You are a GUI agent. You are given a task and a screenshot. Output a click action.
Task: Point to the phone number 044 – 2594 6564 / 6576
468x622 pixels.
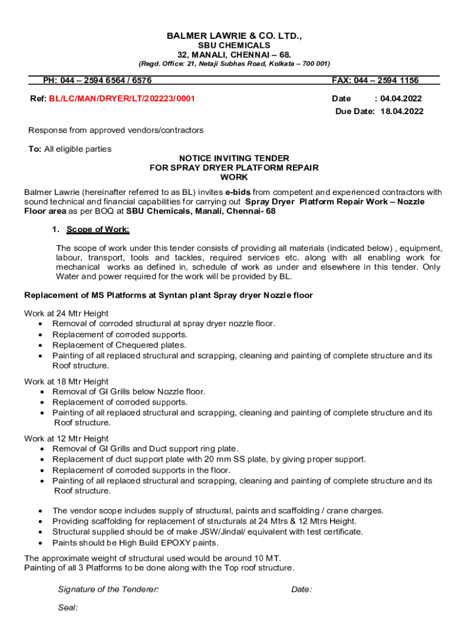pos(109,80)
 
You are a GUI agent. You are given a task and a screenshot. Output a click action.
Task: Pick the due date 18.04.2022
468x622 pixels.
pos(402,111)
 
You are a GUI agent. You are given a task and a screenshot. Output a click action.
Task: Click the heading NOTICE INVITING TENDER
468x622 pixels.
pos(234,158)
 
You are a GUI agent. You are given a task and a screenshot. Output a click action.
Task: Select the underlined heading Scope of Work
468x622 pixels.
pos(98,230)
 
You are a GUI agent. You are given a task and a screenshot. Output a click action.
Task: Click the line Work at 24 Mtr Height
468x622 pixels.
pos(66,313)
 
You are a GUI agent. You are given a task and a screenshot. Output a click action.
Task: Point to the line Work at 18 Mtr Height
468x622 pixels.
pos(66,381)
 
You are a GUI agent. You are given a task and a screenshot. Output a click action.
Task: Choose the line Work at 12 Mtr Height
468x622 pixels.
pos(66,439)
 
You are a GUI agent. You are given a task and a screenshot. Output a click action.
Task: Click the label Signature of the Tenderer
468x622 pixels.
pos(108,589)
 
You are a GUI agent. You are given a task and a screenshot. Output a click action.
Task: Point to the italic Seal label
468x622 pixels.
pos(67,607)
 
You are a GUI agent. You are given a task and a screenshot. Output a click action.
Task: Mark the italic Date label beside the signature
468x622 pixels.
pos(301,589)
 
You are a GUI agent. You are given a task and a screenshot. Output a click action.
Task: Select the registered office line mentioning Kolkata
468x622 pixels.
pos(234,64)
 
